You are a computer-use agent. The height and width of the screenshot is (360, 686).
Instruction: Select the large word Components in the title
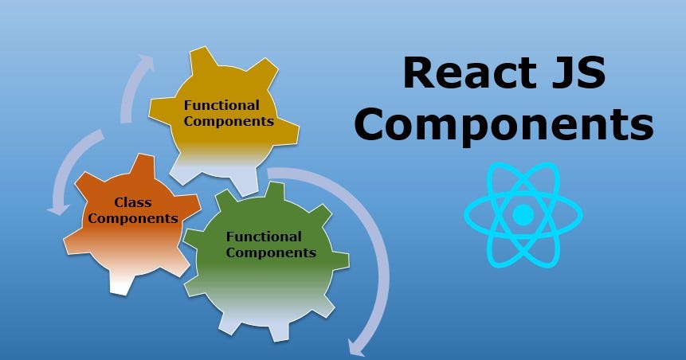point(504,127)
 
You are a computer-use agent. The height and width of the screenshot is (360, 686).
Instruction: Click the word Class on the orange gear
point(133,202)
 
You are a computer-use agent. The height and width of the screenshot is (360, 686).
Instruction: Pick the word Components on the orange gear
point(133,217)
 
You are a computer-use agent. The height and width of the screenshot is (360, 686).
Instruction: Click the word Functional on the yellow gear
point(221,105)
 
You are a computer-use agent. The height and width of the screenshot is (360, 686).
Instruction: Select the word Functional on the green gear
point(264,237)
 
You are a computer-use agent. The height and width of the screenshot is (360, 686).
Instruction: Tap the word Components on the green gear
point(271,253)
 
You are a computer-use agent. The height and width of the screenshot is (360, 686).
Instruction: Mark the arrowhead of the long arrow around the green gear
point(356,346)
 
